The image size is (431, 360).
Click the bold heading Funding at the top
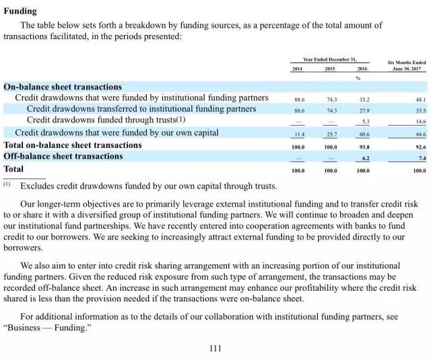pos(20,11)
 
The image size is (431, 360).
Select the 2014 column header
pos(298,69)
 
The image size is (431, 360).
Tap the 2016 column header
pos(363,69)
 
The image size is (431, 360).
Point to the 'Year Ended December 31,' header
pos(330,60)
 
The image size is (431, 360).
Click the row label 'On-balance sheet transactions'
pos(63,87)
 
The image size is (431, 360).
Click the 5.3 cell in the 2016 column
pos(366,122)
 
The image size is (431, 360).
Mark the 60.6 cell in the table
pos(363,134)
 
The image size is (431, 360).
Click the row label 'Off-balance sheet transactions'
pos(63,157)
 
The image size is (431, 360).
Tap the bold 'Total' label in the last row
pos(13,169)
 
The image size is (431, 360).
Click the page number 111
pos(215,348)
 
